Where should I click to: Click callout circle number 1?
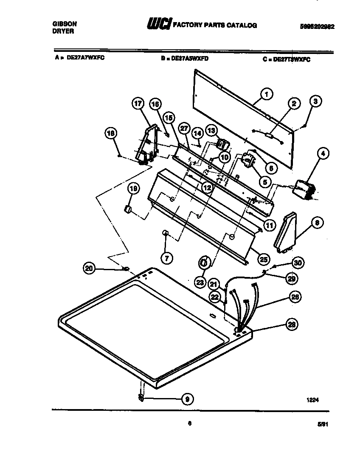[x=266, y=94]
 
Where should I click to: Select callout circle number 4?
[x=323, y=154]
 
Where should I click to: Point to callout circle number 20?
[x=89, y=268]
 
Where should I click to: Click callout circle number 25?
[x=264, y=259]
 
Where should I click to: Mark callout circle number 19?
[x=133, y=189]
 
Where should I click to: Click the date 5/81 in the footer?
[x=323, y=424]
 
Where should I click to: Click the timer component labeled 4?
[x=303, y=189]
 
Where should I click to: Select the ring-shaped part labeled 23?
[x=204, y=263]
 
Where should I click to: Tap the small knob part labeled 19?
[x=127, y=209]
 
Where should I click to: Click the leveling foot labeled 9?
[x=141, y=398]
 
